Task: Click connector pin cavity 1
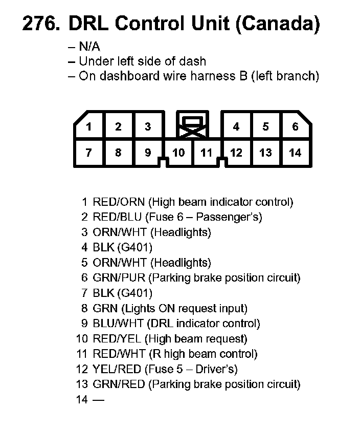(x=88, y=126)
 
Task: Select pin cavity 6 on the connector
(x=295, y=126)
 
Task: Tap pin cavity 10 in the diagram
(x=178, y=153)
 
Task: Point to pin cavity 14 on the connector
(x=295, y=153)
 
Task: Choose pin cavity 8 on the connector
(x=118, y=153)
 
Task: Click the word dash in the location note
(x=195, y=61)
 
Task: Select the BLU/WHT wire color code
(x=119, y=324)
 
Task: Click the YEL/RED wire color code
(x=117, y=369)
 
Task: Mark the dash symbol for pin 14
(x=98, y=399)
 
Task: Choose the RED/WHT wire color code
(x=119, y=354)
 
